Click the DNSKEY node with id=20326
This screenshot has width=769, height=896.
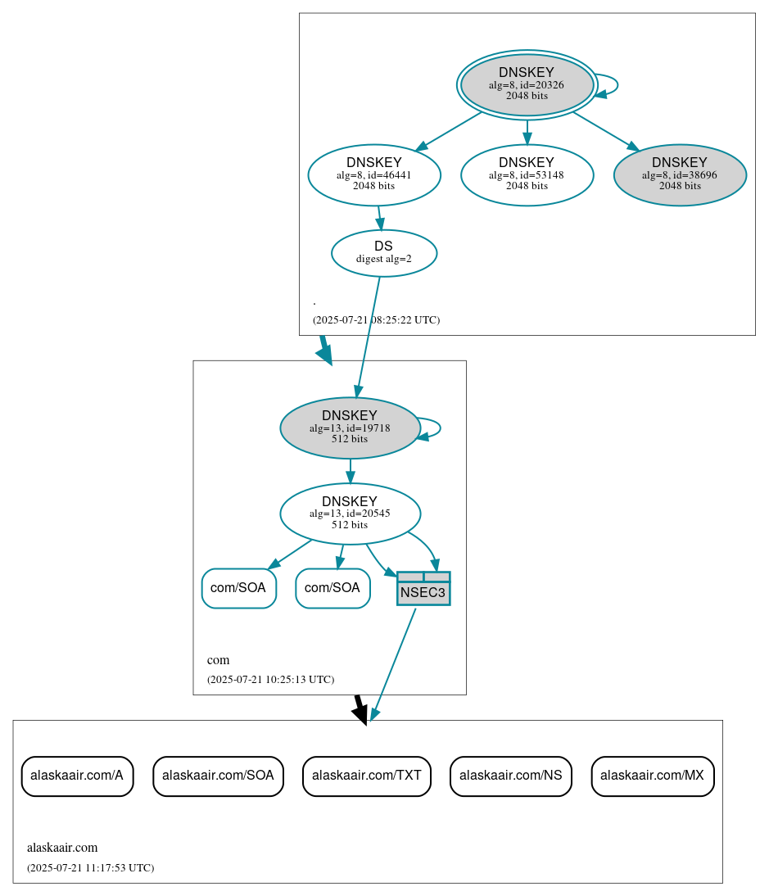coord(527,84)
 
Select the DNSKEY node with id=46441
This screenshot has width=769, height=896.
coord(374,174)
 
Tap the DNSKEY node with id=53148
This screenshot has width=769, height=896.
coord(527,174)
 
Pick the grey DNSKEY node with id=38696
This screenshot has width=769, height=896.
coord(679,174)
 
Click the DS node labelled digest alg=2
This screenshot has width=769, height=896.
coord(383,252)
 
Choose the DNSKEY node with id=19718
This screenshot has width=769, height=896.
coord(350,428)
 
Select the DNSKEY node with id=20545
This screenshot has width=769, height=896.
coord(350,514)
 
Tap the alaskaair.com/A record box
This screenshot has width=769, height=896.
coord(77,776)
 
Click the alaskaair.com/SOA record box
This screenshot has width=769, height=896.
coord(218,776)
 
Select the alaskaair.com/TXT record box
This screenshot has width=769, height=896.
coord(366,776)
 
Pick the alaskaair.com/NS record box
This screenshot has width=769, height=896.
coord(510,776)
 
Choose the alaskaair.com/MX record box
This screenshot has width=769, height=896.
coord(653,776)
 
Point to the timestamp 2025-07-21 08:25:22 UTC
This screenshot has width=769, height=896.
coord(376,319)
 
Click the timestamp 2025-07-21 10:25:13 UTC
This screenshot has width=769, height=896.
coord(270,679)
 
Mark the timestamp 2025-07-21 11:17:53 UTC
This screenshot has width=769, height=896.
coord(90,867)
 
